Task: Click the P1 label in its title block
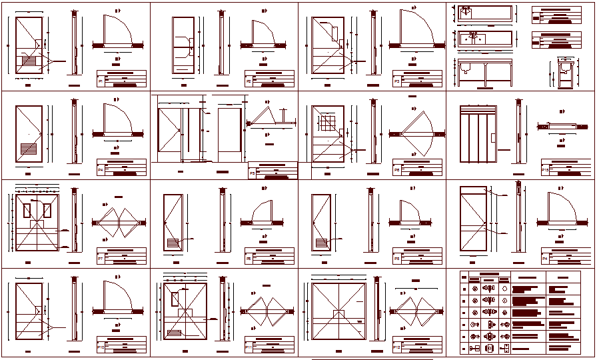[101, 81]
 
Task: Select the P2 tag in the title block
[249, 81]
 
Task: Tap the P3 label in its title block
[397, 81]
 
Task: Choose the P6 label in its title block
[397, 170]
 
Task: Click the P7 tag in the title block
[101, 258]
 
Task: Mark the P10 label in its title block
[101, 347]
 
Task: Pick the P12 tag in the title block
[397, 347]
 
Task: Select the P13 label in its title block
[546, 170]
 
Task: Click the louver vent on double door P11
[175, 333]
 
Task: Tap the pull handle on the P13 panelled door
[492, 138]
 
